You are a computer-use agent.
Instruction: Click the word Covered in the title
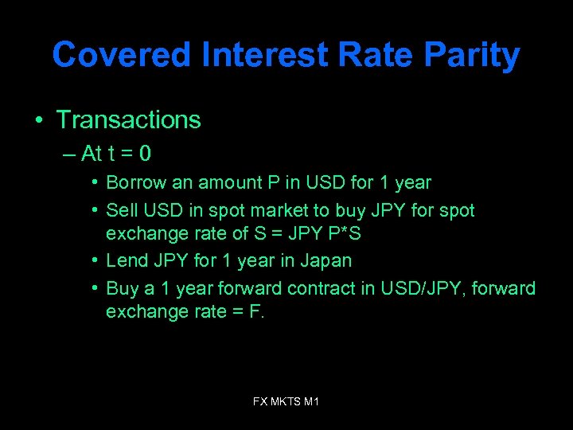(x=122, y=56)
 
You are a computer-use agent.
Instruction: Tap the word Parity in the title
(x=472, y=56)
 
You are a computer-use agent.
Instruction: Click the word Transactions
(x=128, y=120)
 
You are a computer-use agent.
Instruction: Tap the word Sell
(x=121, y=211)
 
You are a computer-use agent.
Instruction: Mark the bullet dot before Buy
(x=95, y=287)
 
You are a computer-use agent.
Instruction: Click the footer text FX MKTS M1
(x=286, y=402)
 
